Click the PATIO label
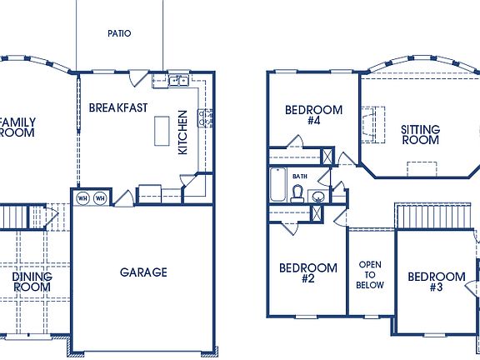click(119, 34)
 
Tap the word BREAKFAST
click(118, 107)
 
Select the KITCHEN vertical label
click(183, 132)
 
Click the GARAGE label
click(143, 272)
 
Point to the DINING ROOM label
click(32, 282)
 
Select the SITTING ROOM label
click(420, 135)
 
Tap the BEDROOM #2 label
click(307, 273)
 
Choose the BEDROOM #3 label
click(436, 282)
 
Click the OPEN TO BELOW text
click(371, 275)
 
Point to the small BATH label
click(300, 177)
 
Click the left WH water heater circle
click(83, 198)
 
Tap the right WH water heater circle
click(100, 198)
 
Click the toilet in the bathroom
click(297, 194)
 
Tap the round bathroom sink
click(318, 197)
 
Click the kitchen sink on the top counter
click(177, 81)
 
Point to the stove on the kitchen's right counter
click(203, 117)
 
